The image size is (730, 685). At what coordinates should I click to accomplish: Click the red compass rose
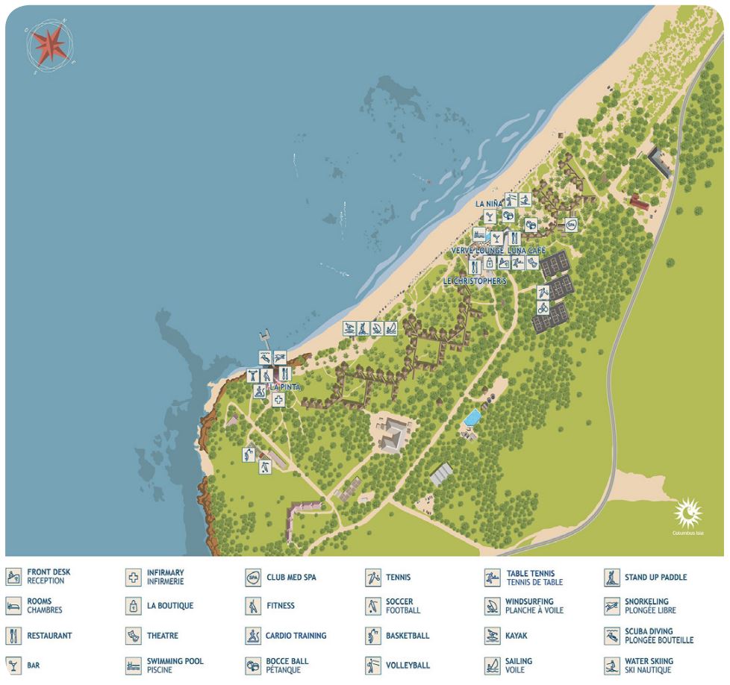[49, 44]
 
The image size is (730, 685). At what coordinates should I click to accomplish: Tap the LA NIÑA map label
[490, 204]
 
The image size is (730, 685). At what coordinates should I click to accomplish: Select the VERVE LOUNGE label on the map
[477, 251]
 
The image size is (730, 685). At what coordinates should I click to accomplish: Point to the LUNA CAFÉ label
[527, 251]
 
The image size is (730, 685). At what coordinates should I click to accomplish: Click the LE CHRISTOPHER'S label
[475, 281]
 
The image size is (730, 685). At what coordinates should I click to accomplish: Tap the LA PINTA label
[285, 387]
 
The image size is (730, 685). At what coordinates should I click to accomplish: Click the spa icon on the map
[571, 224]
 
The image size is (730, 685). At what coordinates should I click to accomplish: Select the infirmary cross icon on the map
[278, 400]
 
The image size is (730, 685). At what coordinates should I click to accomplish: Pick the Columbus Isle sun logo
[688, 514]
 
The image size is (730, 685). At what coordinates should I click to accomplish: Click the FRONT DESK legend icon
[13, 577]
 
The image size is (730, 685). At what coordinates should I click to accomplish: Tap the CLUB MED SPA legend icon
[253, 577]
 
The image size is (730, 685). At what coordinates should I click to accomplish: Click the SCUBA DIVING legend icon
[612, 636]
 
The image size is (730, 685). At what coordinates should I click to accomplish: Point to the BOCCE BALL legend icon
[253, 665]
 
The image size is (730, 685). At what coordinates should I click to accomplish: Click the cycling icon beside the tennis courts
[543, 307]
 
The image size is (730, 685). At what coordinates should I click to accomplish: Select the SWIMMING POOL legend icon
[134, 665]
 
